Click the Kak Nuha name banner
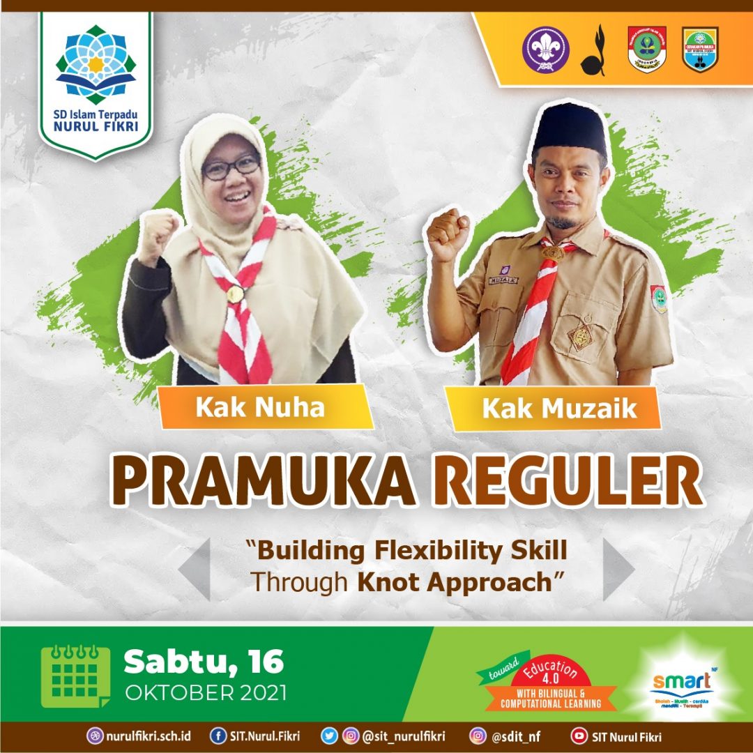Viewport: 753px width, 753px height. point(260,406)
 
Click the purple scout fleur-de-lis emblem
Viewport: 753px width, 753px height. point(545,49)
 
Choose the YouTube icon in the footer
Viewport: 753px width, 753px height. point(579,736)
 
